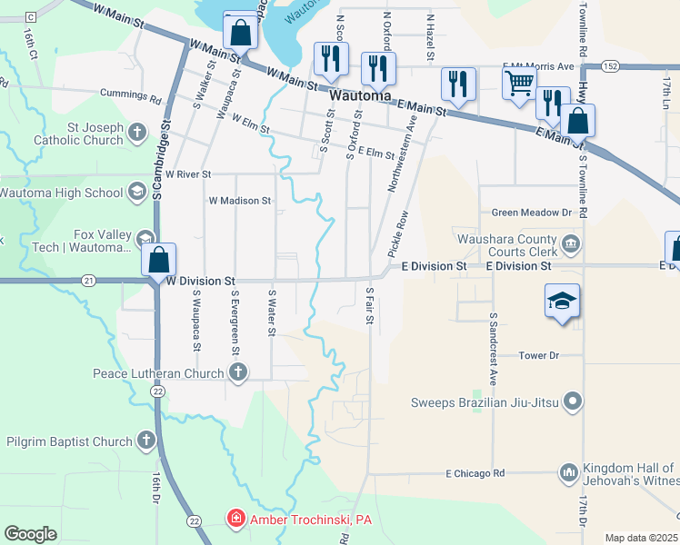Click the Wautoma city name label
(360, 94)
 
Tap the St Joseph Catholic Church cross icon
(136, 134)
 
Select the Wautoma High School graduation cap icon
(136, 192)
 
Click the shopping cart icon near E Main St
(519, 84)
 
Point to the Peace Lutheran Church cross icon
(237, 372)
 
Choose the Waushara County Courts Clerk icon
(570, 242)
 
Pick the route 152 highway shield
(610, 66)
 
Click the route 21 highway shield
(87, 281)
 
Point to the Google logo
(31, 534)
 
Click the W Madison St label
(240, 200)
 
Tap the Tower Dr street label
(537, 355)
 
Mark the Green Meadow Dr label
(530, 213)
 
